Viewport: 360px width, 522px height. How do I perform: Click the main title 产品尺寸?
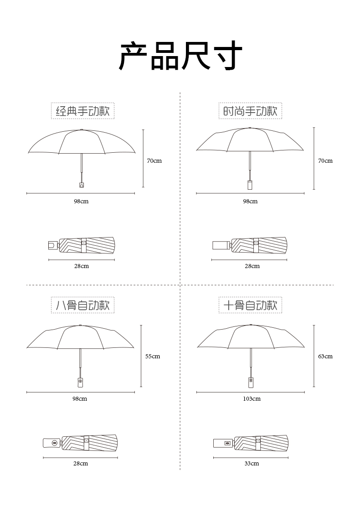click(180, 56)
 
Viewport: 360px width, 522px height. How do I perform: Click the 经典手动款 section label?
click(82, 111)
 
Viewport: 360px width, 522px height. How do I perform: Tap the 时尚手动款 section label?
click(250, 111)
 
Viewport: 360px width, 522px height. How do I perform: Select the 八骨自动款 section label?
click(82, 305)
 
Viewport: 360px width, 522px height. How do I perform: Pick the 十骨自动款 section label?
click(250, 305)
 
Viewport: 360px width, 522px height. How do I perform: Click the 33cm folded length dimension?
click(252, 464)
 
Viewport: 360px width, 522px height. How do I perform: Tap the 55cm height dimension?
click(153, 356)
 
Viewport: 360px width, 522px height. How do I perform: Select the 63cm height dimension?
click(325, 356)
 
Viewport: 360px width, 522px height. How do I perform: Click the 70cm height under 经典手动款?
click(154, 160)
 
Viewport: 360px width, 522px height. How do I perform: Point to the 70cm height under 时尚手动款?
click(325, 160)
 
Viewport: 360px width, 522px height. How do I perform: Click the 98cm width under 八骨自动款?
click(80, 399)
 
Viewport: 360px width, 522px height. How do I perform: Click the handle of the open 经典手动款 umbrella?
click(82, 185)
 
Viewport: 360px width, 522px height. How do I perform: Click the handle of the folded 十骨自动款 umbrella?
click(223, 442)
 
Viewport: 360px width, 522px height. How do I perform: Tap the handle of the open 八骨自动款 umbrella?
click(80, 381)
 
